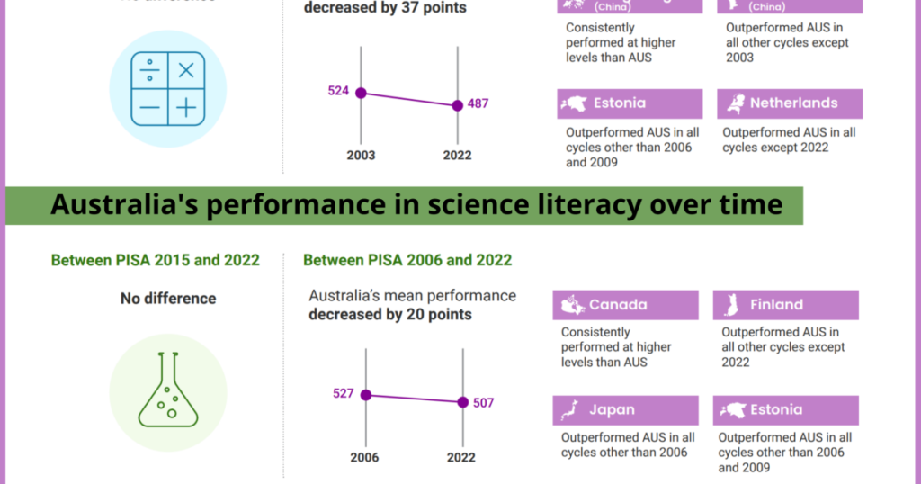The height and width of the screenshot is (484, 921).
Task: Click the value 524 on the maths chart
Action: click(338, 92)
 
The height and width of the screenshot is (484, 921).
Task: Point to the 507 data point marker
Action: click(462, 402)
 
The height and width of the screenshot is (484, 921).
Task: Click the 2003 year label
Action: click(361, 155)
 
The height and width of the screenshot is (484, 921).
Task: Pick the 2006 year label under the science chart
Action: click(364, 457)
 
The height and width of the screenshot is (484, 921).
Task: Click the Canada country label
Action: click(617, 305)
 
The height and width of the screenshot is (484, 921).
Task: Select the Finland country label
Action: click(776, 305)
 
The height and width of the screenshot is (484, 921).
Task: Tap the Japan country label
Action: click(612, 410)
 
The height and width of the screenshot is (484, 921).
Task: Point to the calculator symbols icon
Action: click(167, 88)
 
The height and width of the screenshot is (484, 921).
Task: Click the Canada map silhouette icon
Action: click(573, 305)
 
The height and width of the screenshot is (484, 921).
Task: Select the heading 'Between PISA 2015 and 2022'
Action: click(155, 260)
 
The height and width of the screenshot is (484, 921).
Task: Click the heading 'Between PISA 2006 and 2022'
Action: click(407, 260)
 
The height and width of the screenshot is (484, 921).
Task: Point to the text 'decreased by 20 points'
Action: click(389, 315)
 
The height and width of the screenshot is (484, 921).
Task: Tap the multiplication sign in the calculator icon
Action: click(186, 70)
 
